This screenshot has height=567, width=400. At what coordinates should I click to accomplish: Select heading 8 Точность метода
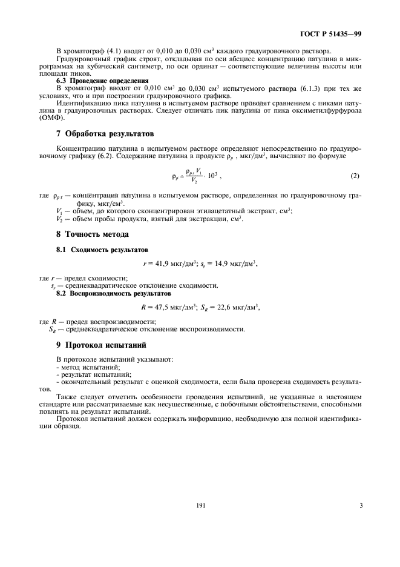[93, 234]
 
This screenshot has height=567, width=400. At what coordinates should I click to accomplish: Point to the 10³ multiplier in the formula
[208, 176]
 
